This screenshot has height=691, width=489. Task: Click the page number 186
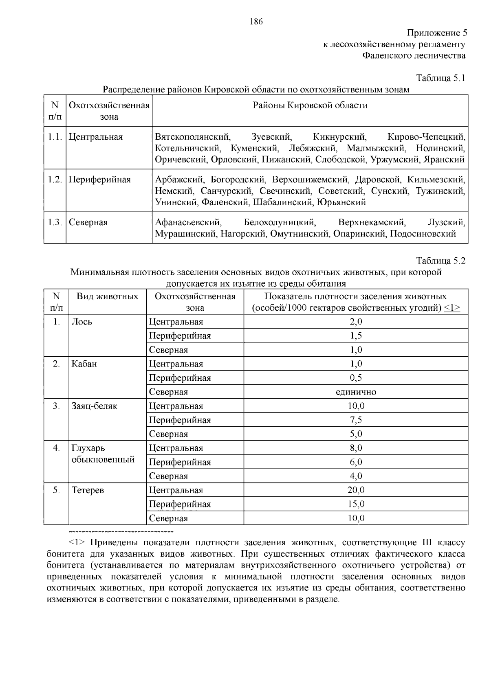pyautogui.click(x=256, y=22)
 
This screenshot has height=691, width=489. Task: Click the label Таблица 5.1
pyautogui.click(x=441, y=78)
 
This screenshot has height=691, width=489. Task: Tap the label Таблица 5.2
pyautogui.click(x=441, y=261)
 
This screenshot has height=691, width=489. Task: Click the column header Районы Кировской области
pyautogui.click(x=310, y=105)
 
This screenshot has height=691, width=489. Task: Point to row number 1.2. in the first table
pyautogui.click(x=55, y=180)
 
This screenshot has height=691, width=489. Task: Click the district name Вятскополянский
pyautogui.click(x=192, y=137)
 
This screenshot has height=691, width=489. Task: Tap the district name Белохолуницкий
pyautogui.click(x=280, y=222)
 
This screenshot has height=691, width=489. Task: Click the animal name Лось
pyautogui.click(x=82, y=322)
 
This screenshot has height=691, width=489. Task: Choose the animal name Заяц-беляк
pyautogui.click(x=95, y=406)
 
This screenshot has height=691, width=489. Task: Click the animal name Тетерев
pyautogui.click(x=88, y=490)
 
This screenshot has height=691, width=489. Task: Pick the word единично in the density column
pyautogui.click(x=356, y=392)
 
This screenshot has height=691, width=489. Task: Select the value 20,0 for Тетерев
pyautogui.click(x=356, y=490)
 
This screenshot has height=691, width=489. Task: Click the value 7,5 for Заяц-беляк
pyautogui.click(x=356, y=420)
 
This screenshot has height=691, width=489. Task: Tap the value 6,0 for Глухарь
pyautogui.click(x=356, y=462)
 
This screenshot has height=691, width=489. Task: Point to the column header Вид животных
pyautogui.click(x=108, y=296)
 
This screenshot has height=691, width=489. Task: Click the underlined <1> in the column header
pyautogui.click(x=452, y=308)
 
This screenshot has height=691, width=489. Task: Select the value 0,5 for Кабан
pyautogui.click(x=356, y=378)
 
